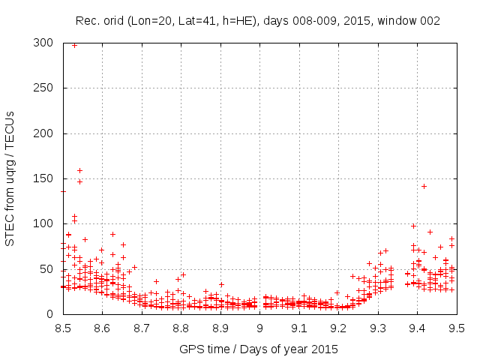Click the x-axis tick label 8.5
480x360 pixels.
(x=63, y=328)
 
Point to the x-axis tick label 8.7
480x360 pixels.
(x=142, y=328)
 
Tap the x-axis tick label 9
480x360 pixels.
(x=259, y=328)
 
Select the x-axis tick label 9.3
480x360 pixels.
(x=378, y=328)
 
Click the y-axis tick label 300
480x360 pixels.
(x=46, y=43)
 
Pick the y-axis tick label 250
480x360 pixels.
(x=46, y=88)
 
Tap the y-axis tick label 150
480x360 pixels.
(x=46, y=179)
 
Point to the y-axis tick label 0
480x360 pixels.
(x=52, y=314)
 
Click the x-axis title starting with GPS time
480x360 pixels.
(x=259, y=349)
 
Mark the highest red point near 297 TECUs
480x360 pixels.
(x=74, y=45)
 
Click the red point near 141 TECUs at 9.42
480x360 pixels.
(x=424, y=186)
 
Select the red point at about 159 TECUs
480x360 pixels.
(x=79, y=170)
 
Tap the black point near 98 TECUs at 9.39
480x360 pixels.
(x=413, y=226)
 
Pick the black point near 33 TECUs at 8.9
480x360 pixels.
(x=221, y=284)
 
